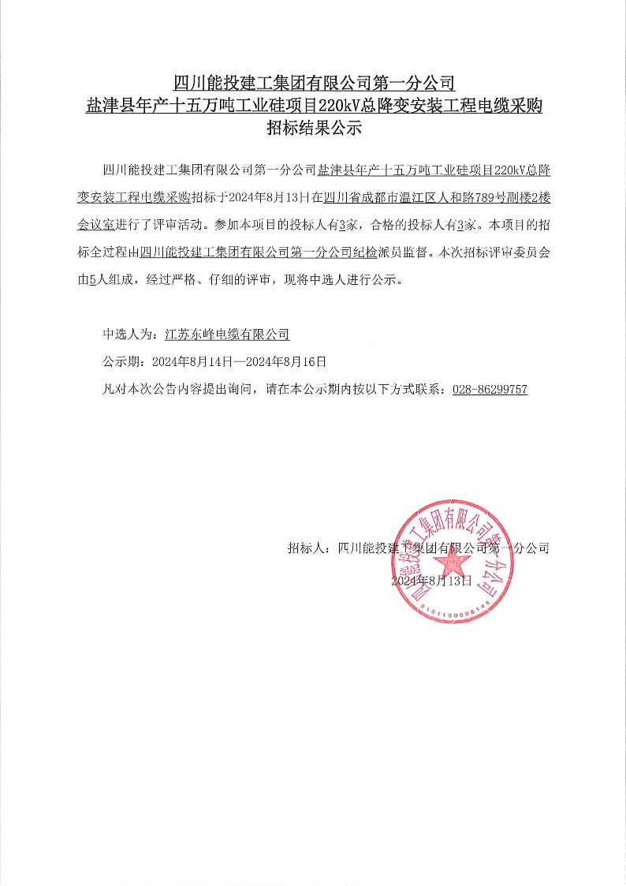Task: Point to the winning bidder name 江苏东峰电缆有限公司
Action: point(228,335)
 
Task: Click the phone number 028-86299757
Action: point(490,390)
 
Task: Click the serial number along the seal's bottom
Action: point(455,608)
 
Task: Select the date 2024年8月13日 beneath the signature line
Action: point(430,581)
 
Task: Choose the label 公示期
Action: point(122,362)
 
